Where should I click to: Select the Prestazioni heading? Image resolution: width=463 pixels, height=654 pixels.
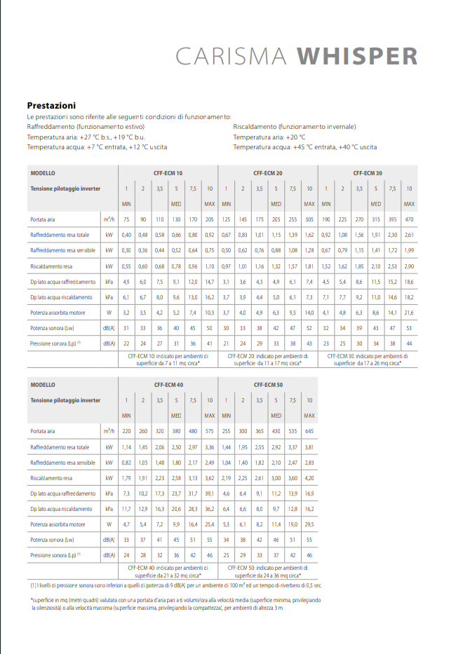(x=51, y=105)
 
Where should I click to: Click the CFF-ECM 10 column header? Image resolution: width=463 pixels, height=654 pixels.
(x=168, y=172)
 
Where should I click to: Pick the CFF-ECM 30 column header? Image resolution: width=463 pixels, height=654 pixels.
(x=368, y=172)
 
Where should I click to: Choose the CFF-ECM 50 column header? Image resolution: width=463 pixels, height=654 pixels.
(x=267, y=385)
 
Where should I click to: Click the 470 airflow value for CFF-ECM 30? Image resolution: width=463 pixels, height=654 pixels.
(x=409, y=219)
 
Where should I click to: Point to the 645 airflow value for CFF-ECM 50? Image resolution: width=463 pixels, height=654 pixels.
(x=309, y=431)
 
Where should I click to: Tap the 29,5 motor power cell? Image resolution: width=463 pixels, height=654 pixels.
(x=309, y=524)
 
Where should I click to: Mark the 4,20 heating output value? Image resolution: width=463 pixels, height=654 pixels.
(x=309, y=477)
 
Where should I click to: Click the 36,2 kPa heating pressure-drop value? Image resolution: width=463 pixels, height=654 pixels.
(x=209, y=508)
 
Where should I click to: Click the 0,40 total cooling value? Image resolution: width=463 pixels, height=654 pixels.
(x=126, y=235)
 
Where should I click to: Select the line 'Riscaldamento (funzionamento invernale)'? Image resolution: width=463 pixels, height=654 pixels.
(x=294, y=127)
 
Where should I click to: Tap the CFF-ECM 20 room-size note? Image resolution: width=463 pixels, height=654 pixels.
(x=267, y=360)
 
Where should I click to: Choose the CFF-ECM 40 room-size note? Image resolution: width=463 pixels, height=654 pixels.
(x=168, y=571)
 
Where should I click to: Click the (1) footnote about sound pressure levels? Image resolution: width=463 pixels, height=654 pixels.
(x=175, y=585)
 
